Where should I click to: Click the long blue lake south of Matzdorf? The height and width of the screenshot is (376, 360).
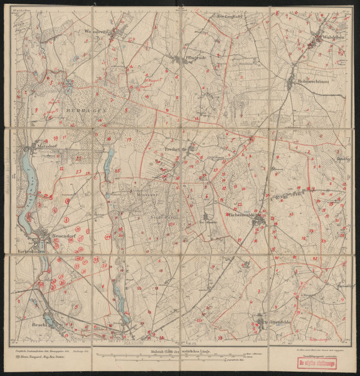tap(27, 188)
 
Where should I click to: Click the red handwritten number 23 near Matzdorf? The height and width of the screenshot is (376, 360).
tap(78, 170)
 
